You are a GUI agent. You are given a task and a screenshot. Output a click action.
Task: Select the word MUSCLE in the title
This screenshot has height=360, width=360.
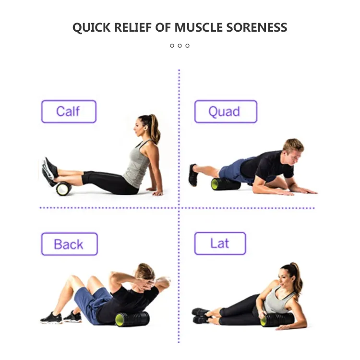(199, 27)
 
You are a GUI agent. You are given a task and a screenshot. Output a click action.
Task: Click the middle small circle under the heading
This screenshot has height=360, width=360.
(180, 46)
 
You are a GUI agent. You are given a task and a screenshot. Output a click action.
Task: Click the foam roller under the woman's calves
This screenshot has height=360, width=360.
(63, 189)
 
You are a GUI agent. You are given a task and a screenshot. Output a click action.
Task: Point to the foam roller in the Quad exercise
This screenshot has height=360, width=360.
(226, 184)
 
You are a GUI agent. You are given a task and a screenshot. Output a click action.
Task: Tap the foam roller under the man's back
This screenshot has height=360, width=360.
(132, 319)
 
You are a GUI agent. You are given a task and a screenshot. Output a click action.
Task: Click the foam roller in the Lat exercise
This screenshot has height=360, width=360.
(277, 319)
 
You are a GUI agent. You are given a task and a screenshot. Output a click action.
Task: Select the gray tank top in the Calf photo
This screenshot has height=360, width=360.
(137, 164)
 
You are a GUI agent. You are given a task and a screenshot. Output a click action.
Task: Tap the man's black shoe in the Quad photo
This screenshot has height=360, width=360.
(193, 175)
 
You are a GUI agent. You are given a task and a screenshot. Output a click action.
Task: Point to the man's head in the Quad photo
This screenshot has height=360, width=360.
(293, 151)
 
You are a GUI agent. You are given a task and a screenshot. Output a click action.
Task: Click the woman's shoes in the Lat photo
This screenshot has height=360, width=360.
(201, 316)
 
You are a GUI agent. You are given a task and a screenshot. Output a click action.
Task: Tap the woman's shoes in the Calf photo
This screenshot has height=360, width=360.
(49, 171)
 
